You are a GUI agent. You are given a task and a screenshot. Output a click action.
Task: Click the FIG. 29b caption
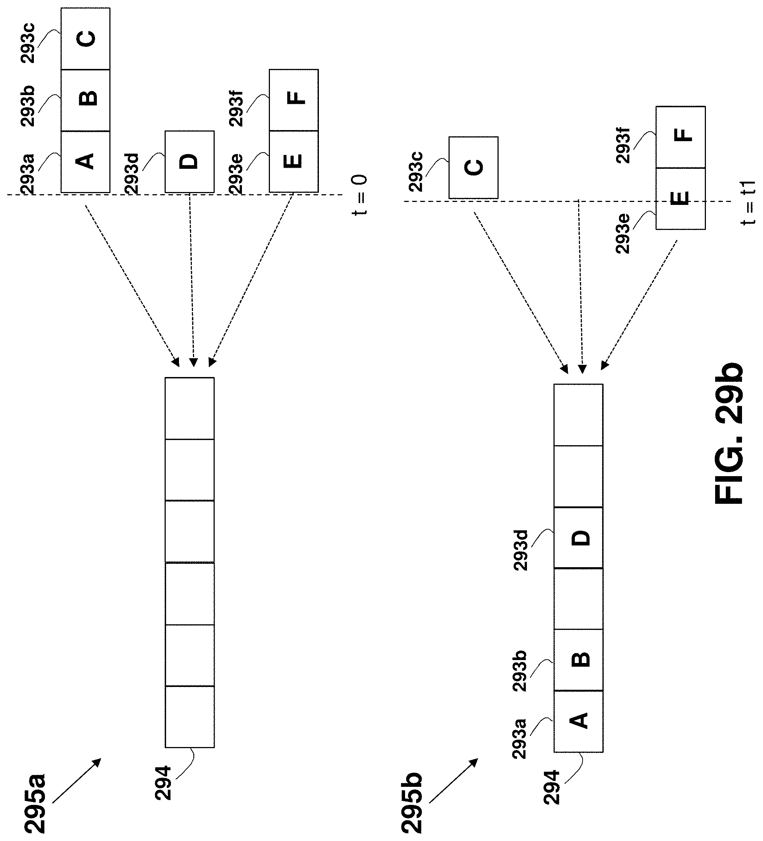tap(728, 433)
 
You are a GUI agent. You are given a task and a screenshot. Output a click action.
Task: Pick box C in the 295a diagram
tap(85, 38)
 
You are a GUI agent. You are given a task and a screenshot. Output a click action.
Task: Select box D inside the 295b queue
tap(578, 538)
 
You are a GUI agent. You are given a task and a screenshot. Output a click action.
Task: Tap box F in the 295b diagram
tap(681, 137)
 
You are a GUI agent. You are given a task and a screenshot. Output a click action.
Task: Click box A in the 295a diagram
tap(85, 161)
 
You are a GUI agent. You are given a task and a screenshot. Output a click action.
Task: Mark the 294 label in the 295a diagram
tap(163, 783)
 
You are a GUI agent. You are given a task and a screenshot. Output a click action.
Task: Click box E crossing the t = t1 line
tap(681, 199)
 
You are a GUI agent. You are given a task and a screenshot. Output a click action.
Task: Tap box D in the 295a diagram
tap(190, 161)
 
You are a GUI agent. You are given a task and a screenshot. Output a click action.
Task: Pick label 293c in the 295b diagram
tap(416, 171)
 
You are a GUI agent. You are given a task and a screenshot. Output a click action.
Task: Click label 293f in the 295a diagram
tap(236, 106)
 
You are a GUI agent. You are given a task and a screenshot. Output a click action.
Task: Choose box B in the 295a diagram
tap(85, 100)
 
